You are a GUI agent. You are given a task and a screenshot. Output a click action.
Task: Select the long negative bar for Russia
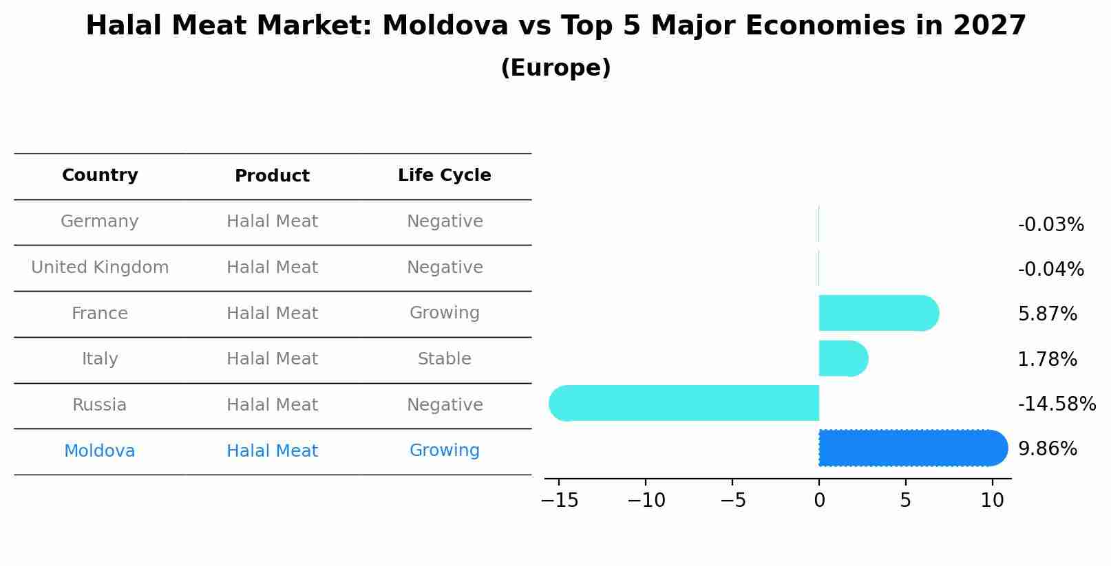click(685, 403)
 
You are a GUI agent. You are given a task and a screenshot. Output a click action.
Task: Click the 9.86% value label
click(1047, 449)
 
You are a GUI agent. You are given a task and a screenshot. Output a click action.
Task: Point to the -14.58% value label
click(1056, 404)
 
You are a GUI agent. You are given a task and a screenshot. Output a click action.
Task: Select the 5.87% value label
click(1047, 314)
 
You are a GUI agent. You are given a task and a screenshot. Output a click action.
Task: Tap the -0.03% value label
click(1050, 225)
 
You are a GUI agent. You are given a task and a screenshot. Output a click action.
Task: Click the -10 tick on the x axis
click(646, 501)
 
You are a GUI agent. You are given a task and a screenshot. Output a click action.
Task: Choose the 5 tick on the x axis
click(905, 501)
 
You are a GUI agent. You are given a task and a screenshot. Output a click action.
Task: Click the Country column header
click(100, 175)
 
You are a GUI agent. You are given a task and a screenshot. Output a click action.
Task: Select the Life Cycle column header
click(444, 175)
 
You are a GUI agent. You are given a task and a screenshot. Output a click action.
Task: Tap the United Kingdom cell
click(100, 268)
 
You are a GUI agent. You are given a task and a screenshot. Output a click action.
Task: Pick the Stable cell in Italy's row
click(444, 359)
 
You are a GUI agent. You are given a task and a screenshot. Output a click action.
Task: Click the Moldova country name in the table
click(100, 451)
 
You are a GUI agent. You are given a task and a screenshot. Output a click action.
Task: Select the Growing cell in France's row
click(444, 313)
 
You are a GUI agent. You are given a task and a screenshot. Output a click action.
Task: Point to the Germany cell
click(100, 221)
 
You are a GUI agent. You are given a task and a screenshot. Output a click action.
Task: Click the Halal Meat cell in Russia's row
click(272, 405)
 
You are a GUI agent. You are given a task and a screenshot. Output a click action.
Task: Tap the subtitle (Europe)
click(555, 68)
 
